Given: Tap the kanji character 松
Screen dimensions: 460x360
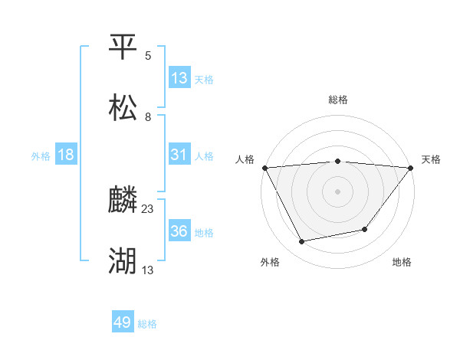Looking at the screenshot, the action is point(123,107).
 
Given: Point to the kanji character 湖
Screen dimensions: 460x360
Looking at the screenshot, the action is point(123,261).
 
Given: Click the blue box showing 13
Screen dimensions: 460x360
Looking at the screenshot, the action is point(179,78).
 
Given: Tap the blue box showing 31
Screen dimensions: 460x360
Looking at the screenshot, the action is point(179,155).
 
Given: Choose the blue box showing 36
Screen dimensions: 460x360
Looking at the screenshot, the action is point(179,231).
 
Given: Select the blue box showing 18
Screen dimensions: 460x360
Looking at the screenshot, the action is point(66,155).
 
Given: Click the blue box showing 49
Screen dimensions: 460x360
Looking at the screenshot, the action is point(123,322).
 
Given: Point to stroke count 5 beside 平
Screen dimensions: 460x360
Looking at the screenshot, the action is point(148,56).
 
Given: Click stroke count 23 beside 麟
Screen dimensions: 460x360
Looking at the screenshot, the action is point(148,209).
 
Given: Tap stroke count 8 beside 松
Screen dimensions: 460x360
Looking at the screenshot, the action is point(148,116).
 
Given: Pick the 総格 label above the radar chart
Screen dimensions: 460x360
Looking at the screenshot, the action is point(338,100).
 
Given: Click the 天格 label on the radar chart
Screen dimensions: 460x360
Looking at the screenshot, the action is point(431,159).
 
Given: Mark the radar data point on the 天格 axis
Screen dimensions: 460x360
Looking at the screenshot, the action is point(412,167).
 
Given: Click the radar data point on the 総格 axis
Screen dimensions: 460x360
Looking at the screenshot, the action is point(338,161).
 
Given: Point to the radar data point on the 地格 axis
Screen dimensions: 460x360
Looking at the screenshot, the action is point(366,229).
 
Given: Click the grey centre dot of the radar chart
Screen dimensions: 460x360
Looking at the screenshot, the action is point(338,191).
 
